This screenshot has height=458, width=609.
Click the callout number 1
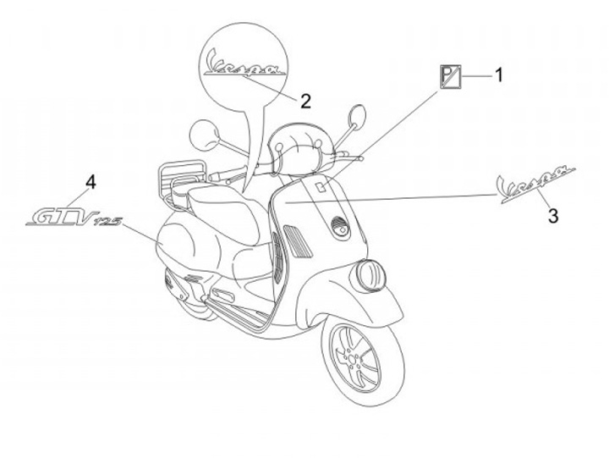(498, 75)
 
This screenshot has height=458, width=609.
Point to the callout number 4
(91, 181)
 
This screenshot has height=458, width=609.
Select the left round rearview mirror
(203, 133)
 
